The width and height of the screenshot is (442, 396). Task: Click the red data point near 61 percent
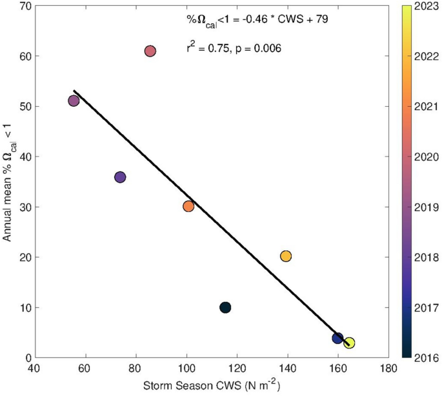click(x=150, y=51)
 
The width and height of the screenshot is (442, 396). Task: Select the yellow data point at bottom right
click(x=349, y=343)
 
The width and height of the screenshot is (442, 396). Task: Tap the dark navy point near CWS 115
click(x=225, y=307)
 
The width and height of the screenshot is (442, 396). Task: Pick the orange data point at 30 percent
click(x=188, y=206)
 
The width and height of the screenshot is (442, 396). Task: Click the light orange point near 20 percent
click(x=286, y=256)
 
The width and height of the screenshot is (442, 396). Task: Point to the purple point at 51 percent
click(x=74, y=100)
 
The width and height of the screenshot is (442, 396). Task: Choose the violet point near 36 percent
click(x=120, y=177)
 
